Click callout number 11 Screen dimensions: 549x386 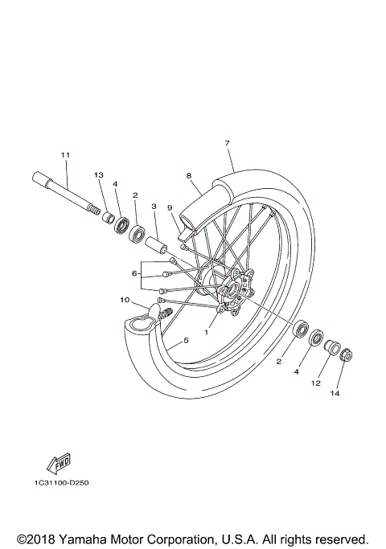click(65, 154)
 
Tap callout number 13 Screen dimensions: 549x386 click(99, 175)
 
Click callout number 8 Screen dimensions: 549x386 click(188, 175)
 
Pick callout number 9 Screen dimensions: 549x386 click(170, 207)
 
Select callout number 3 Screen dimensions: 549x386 click(154, 207)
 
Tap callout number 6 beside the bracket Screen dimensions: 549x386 click(134, 274)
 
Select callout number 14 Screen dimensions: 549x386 click(335, 394)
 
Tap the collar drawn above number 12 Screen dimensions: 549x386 click(329, 346)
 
